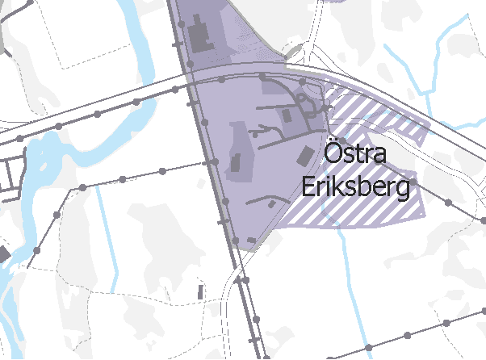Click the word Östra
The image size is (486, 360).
pos(356,154)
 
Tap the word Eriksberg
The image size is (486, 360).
pos(356,187)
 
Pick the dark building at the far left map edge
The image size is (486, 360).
pos(3,255)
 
